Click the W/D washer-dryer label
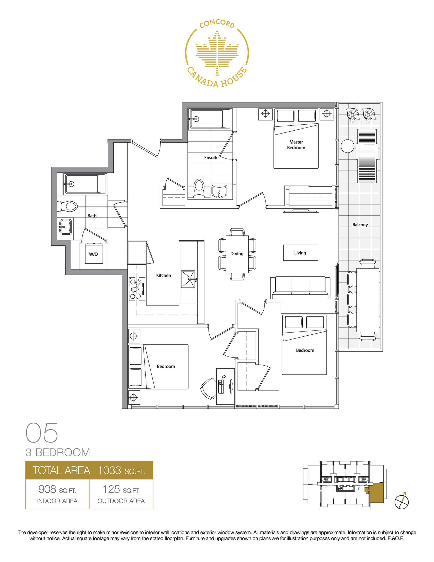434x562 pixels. click(x=93, y=254)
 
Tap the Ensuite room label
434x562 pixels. click(x=211, y=157)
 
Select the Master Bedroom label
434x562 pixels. click(x=296, y=145)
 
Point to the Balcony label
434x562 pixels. click(x=360, y=225)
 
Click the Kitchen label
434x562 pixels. click(x=163, y=275)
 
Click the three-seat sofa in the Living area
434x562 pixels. click(x=300, y=288)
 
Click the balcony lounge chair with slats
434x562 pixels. click(x=367, y=156)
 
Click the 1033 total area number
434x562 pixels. click(x=109, y=470)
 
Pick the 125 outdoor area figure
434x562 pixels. click(x=111, y=489)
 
